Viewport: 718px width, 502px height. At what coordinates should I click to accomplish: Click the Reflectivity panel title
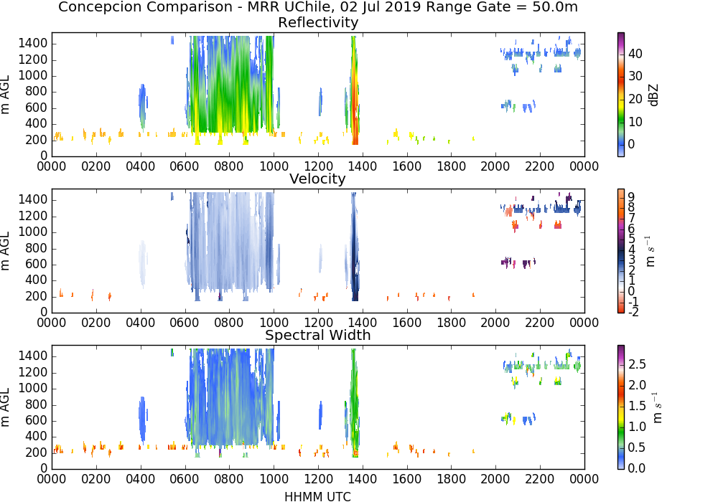(318, 22)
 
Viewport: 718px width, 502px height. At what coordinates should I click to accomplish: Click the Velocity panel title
(317, 179)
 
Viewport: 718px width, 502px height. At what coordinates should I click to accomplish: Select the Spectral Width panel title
(318, 335)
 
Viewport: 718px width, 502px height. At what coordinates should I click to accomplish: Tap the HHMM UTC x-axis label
(317, 496)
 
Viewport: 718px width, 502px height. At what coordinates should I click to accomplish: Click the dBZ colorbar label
(653, 95)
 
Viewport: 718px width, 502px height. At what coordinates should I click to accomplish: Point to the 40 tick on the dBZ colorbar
(635, 54)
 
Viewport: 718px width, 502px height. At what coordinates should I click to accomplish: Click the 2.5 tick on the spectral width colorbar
(637, 364)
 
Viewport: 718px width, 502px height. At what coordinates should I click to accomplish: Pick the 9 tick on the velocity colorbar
(631, 196)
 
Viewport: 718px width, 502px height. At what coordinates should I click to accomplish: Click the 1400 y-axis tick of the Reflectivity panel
(32, 44)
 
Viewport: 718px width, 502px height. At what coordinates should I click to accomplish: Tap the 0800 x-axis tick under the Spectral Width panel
(228, 478)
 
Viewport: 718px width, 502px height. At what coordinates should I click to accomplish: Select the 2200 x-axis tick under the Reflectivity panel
(539, 166)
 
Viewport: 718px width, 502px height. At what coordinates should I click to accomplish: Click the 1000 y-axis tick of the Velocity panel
(32, 232)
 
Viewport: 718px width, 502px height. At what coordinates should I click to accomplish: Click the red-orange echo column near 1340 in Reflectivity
(355, 92)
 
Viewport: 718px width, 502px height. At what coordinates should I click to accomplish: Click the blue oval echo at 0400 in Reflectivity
(142, 106)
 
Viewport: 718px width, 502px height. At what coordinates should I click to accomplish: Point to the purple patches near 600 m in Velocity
(518, 262)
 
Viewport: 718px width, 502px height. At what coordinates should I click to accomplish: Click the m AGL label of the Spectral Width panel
(5, 407)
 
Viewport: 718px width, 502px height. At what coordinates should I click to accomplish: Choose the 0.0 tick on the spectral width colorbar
(637, 468)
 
